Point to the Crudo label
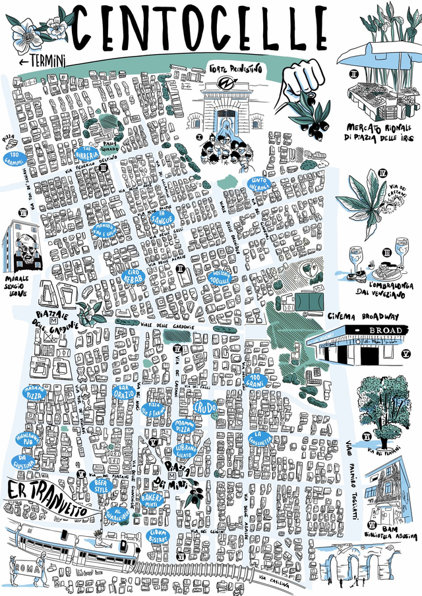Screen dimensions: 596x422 point(206,407)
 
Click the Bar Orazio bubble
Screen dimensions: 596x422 point(123,393)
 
